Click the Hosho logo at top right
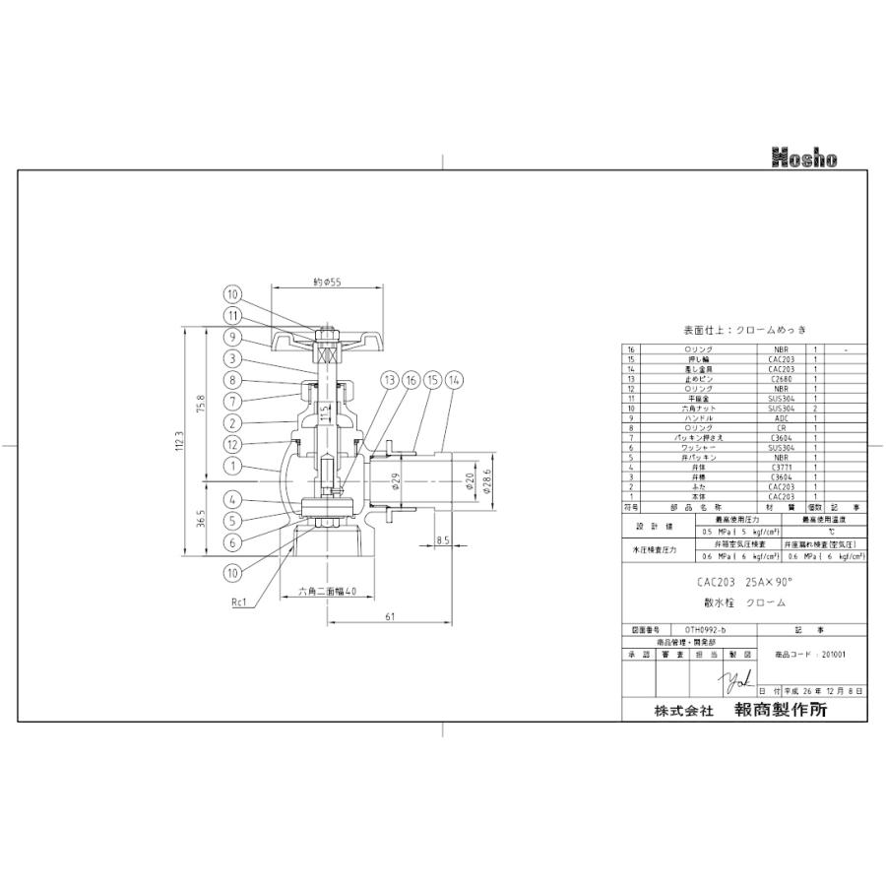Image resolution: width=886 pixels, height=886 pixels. (803, 158)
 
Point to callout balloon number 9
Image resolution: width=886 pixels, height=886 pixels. (232, 336)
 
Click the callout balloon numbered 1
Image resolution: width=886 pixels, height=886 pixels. (232, 466)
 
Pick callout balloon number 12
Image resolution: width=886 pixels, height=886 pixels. (232, 444)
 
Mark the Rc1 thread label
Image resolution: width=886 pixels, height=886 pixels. (239, 601)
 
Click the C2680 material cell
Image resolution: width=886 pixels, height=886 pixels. (782, 377)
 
